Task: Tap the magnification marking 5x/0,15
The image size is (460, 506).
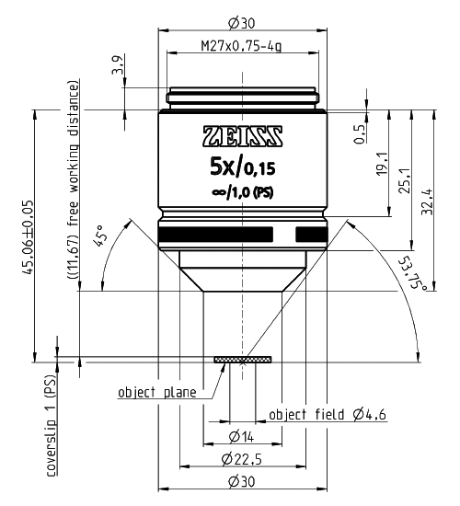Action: coord(242,168)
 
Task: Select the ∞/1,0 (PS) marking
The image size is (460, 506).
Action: coord(242,193)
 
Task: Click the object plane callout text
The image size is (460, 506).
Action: coord(156,393)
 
